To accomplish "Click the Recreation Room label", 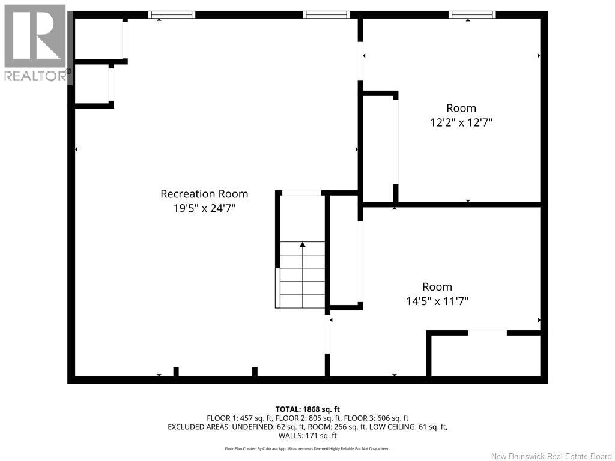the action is (x=204, y=194).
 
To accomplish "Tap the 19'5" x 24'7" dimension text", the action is (x=204, y=208).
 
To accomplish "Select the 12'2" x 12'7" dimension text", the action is (x=461, y=122).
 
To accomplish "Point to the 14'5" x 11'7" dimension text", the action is (x=437, y=301).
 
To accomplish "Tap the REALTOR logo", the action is (x=36, y=43).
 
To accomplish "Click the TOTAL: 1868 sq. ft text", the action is (x=307, y=409).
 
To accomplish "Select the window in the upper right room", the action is (x=472, y=15).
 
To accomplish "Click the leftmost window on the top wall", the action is (x=171, y=15).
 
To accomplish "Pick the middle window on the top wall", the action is (x=326, y=15).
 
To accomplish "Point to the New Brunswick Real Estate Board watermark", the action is (x=551, y=456).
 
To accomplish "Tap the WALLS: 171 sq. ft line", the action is (x=307, y=436).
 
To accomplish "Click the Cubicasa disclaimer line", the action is (x=307, y=448).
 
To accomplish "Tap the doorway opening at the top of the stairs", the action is (x=301, y=193).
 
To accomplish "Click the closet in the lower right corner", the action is (x=486, y=356).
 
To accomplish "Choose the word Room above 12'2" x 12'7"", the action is (x=461, y=108).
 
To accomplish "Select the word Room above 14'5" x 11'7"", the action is (x=437, y=286).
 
